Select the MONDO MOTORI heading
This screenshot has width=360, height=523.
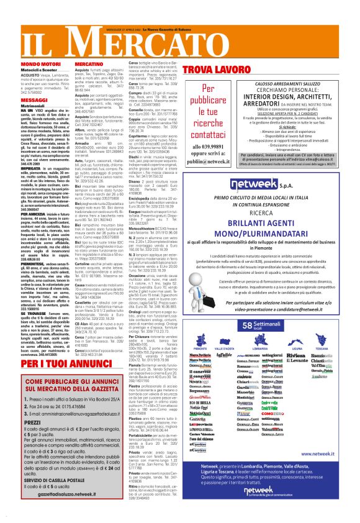click(21, 63)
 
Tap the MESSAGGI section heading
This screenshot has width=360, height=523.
click(17, 99)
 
